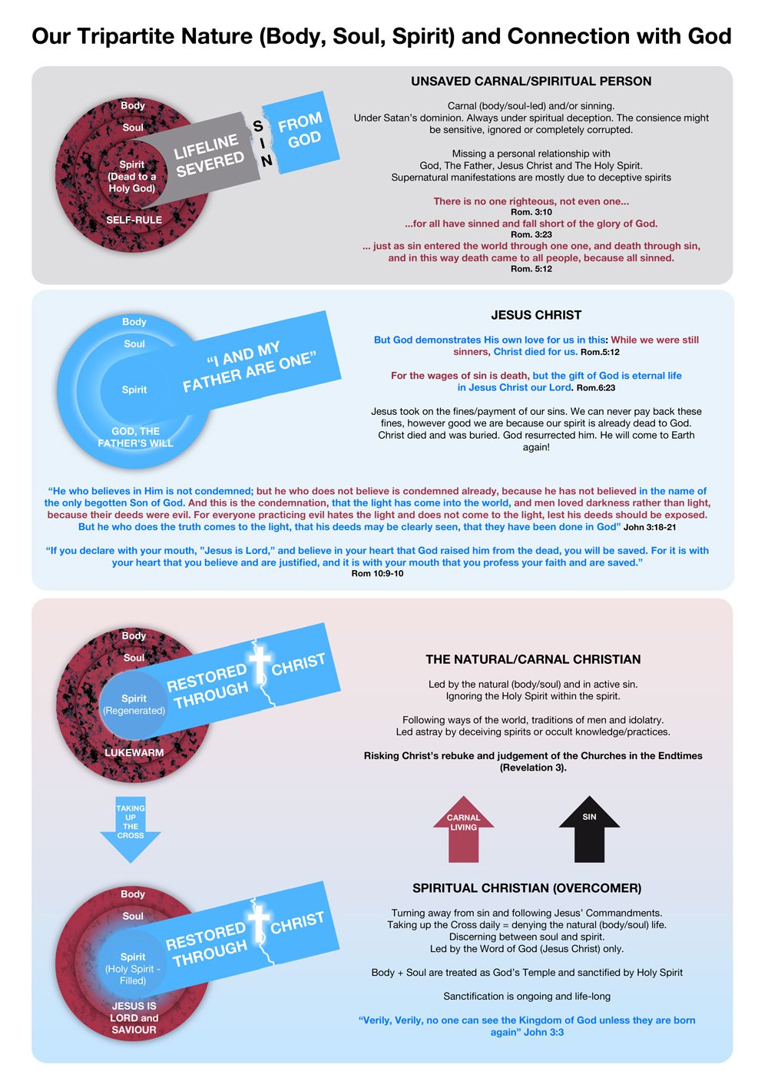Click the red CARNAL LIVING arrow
click(463, 830)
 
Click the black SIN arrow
click(589, 830)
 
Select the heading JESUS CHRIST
click(536, 315)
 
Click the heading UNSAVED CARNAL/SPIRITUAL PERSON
click(531, 81)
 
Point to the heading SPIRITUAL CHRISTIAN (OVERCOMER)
click(527, 888)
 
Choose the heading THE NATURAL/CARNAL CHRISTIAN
click(533, 659)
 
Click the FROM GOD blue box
click(301, 132)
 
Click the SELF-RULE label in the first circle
click(134, 220)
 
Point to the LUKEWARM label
click(134, 752)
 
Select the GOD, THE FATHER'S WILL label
click(135, 437)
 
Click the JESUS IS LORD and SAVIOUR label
click(134, 1017)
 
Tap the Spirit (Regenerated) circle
click(134, 705)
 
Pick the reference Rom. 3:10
click(531, 212)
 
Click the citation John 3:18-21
click(650, 527)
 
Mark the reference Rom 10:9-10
click(377, 574)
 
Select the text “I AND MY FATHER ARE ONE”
click(250, 367)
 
